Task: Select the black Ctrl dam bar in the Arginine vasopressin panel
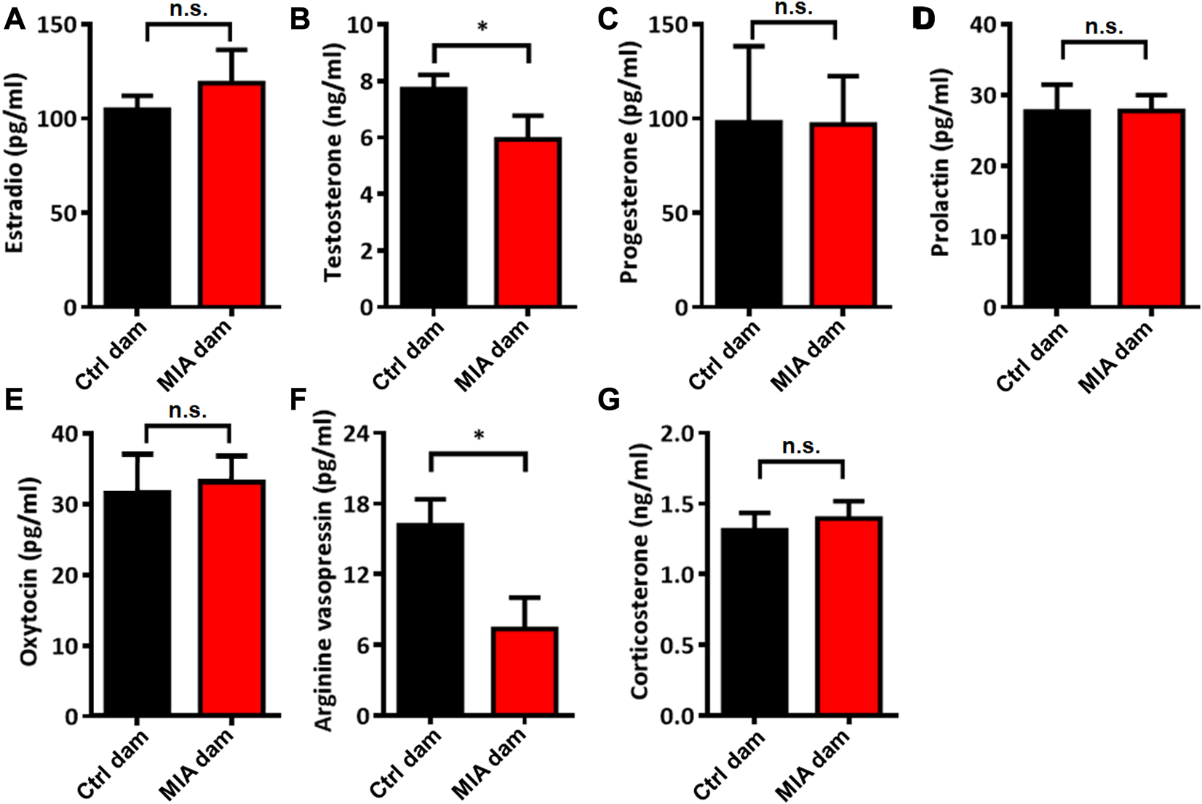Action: [x=431, y=618]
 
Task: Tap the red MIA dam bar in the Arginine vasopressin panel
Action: [x=525, y=671]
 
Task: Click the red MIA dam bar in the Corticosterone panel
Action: [x=849, y=616]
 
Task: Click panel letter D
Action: [x=923, y=20]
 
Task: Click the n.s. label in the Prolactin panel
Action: [x=1104, y=28]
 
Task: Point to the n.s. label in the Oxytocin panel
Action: [x=188, y=410]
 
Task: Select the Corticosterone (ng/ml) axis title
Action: [x=640, y=575]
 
